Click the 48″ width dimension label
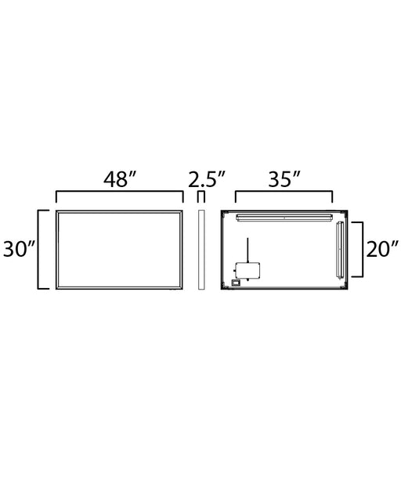(x=120, y=179)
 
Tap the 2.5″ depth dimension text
(x=207, y=179)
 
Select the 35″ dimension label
(x=284, y=179)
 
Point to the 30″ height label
(x=19, y=249)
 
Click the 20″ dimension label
(x=382, y=249)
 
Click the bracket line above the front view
(x=120, y=192)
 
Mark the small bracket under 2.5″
(x=200, y=192)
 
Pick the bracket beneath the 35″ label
(x=284, y=192)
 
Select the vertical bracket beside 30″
(x=38, y=250)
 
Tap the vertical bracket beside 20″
(x=363, y=250)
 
